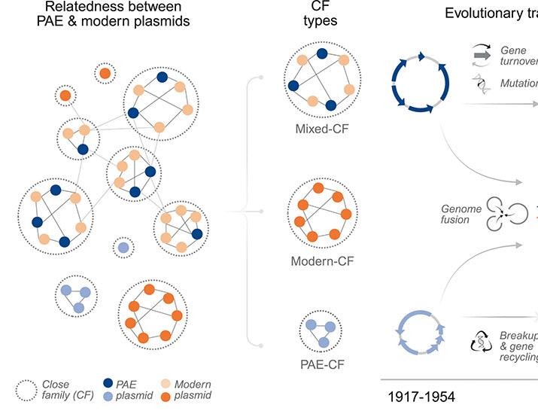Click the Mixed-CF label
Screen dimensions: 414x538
[x=322, y=128]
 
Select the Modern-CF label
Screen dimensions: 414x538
[x=322, y=262]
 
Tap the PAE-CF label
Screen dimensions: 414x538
[x=321, y=366]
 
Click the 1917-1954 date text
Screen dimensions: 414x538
[x=421, y=396]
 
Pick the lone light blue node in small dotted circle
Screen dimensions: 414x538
[x=123, y=247]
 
